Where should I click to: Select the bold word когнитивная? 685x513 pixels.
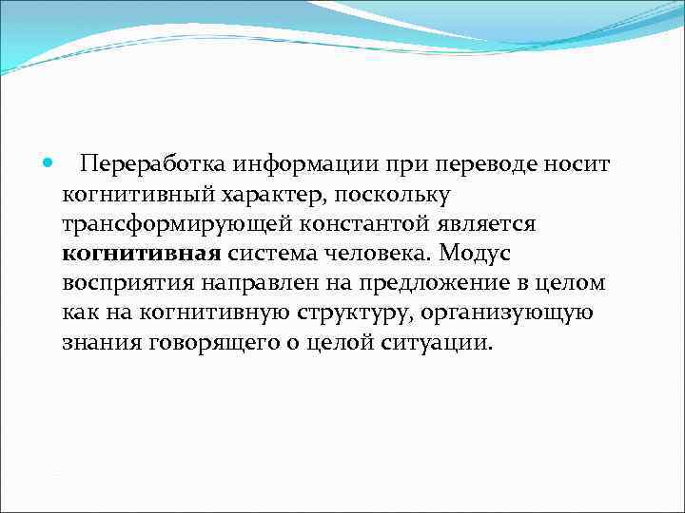point(142,254)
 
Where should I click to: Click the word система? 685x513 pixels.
point(270,254)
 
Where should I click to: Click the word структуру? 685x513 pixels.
point(323,313)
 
